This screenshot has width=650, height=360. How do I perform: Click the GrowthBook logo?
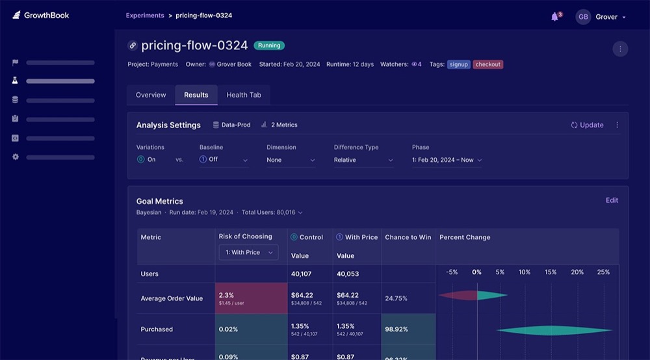click(x=40, y=16)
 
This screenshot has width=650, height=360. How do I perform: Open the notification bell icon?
click(x=554, y=17)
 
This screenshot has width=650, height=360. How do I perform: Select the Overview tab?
click(x=151, y=95)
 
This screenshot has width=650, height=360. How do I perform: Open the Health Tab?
click(x=244, y=95)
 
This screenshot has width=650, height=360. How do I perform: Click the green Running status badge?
click(x=269, y=45)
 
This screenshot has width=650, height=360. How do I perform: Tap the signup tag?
click(x=458, y=64)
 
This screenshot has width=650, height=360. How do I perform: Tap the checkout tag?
click(x=487, y=64)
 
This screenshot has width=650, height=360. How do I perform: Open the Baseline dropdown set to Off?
click(x=224, y=160)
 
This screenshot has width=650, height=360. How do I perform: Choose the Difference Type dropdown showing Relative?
click(x=363, y=160)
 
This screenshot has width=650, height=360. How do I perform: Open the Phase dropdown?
click(x=447, y=160)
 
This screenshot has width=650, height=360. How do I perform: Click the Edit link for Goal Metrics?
click(x=612, y=200)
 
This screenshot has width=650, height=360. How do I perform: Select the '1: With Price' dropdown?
click(x=248, y=252)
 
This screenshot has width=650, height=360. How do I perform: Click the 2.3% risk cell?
click(x=251, y=298)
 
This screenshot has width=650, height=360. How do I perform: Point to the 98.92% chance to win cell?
click(x=408, y=329)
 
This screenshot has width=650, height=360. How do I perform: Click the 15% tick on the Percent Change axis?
click(x=551, y=272)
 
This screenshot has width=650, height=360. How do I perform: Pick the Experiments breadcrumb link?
click(x=145, y=16)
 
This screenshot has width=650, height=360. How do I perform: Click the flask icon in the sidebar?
click(x=15, y=81)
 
